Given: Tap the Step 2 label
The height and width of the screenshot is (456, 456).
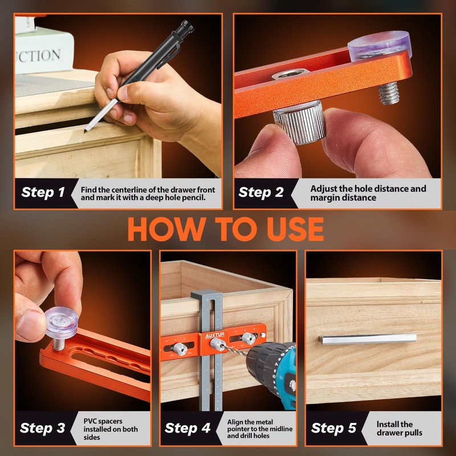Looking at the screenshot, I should (261, 192).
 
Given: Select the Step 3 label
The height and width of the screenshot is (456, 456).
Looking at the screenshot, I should (43, 428).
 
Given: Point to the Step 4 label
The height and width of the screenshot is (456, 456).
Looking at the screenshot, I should (188, 428).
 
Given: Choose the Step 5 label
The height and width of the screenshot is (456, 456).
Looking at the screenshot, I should (335, 428).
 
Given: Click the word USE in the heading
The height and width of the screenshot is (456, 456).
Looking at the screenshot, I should (290, 229).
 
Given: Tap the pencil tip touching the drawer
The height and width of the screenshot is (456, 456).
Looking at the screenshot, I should (86, 129).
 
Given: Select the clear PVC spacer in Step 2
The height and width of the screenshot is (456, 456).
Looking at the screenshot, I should (380, 44).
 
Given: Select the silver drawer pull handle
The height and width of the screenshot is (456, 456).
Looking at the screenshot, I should (368, 339).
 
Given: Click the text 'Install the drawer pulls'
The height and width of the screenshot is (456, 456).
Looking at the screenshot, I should (399, 428).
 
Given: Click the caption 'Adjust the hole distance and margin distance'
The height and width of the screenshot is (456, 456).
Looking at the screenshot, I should (368, 193).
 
